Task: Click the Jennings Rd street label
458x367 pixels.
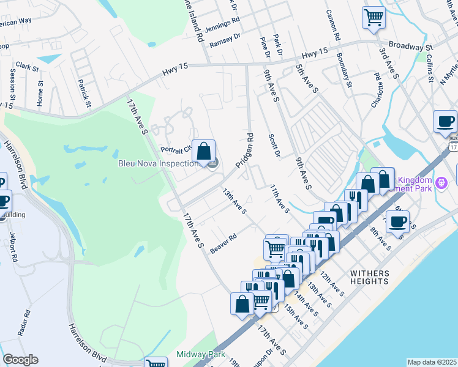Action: pos(222,23)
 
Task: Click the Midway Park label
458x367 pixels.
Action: pos(200,355)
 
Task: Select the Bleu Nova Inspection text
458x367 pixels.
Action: pos(159,163)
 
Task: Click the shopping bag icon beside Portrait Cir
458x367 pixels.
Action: pos(203,150)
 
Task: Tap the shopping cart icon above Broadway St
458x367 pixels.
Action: pos(373,17)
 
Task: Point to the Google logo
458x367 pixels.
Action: pos(20,360)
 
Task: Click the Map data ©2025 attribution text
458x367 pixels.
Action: pos(432,362)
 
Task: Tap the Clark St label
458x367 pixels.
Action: pos(27,65)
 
